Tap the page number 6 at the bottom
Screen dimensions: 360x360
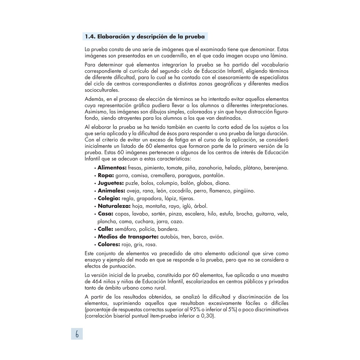(77, 334)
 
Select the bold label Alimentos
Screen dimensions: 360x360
(112, 168)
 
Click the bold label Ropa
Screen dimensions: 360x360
(106, 175)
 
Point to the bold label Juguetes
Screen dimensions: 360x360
(111, 183)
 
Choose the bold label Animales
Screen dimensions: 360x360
(111, 190)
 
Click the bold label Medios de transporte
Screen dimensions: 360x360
(128, 237)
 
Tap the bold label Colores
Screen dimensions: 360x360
(109, 244)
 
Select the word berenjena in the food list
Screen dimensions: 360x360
(276, 168)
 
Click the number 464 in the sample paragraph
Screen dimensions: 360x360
(90, 281)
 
